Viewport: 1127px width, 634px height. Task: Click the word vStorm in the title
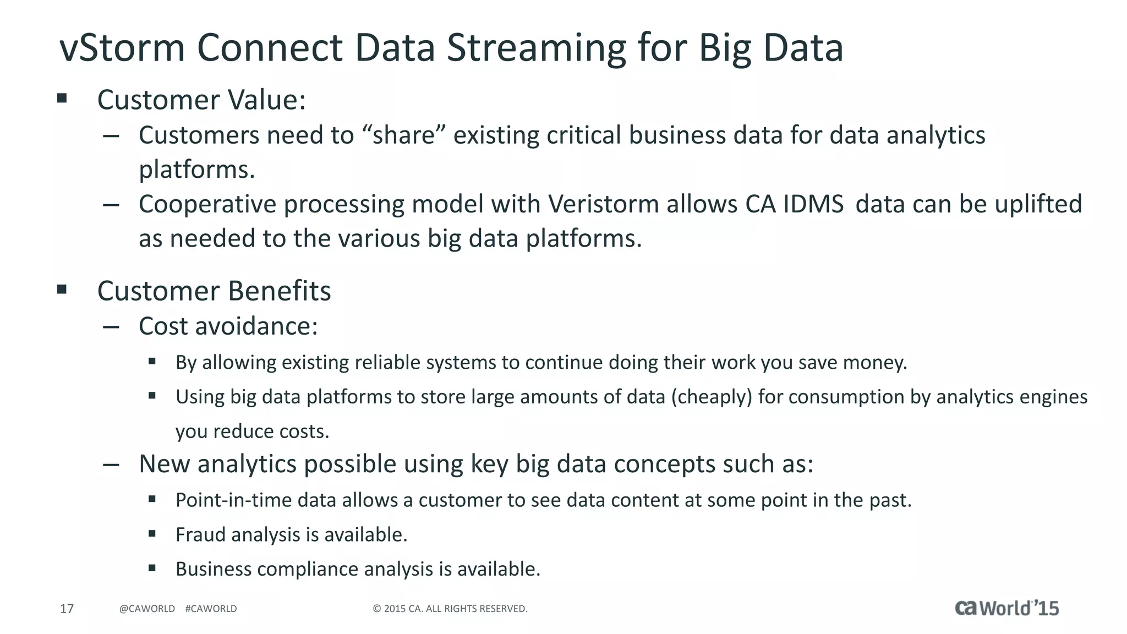122,48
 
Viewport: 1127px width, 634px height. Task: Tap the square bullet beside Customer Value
62,99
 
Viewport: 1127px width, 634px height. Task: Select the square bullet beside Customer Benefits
62,289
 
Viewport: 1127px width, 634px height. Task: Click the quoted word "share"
404,135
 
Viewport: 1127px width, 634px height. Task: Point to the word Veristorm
604,204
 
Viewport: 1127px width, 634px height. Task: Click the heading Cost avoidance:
228,326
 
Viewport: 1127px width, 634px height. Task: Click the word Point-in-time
233,500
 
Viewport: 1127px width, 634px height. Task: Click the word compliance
308,569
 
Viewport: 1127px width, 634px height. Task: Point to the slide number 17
67,609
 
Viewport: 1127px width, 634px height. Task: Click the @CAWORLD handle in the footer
147,609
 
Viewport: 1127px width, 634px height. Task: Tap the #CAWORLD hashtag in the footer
211,609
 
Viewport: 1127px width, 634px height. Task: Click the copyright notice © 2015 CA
450,609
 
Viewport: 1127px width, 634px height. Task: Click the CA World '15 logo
1006,608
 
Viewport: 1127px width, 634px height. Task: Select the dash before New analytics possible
111,464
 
